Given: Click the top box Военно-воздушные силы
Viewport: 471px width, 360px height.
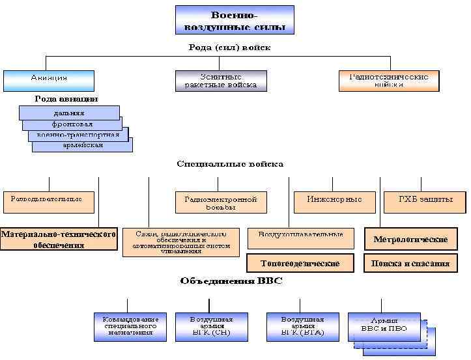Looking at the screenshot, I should coord(235,20).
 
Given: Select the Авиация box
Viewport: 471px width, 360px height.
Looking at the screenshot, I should coord(49,79).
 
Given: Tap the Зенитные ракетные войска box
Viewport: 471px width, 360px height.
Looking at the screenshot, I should coord(221,80).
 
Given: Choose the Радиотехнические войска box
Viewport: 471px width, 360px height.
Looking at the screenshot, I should coord(388,80).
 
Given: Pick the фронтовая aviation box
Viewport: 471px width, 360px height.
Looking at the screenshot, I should coord(72,124).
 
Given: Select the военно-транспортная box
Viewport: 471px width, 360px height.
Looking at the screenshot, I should coord(78,135).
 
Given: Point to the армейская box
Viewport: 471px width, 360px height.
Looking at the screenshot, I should coord(82,145).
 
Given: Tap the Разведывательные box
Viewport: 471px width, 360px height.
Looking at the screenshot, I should coord(48,201).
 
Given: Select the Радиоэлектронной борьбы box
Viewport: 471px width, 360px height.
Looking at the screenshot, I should coord(221,202).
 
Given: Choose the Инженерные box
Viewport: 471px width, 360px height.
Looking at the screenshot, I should coord(334,201).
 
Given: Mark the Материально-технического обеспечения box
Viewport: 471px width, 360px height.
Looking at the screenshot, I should coord(59,238).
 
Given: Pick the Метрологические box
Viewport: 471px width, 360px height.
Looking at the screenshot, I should coord(410,239).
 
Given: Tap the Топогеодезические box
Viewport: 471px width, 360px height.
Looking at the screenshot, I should coord(300,263).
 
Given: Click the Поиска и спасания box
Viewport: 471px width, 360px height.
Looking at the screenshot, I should coord(410,263).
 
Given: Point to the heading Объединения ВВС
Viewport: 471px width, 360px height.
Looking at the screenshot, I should coord(231,281).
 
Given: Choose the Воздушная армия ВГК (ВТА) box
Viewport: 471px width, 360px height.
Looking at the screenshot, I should coord(302,326).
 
